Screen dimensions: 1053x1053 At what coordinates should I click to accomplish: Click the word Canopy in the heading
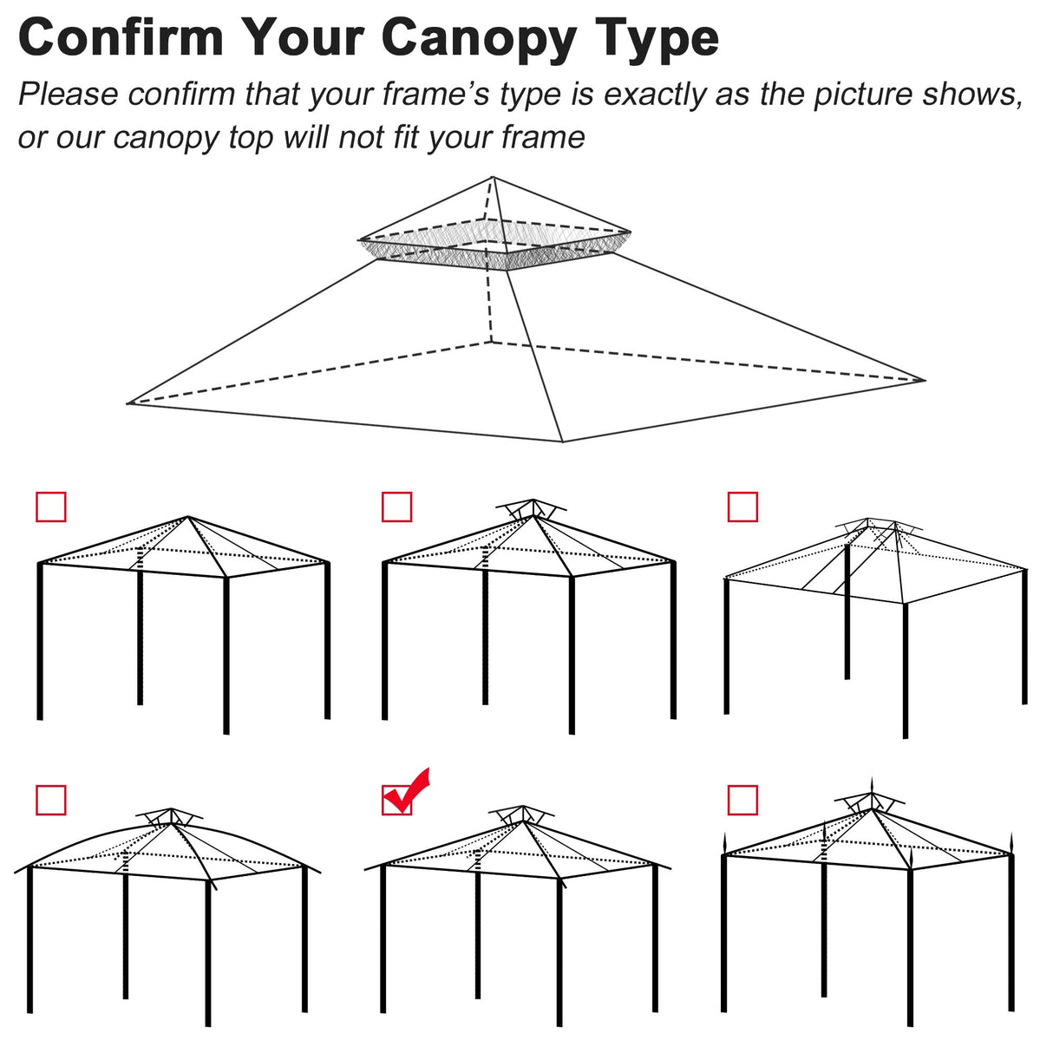(x=478, y=39)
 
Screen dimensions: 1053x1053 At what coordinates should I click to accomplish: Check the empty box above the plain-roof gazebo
(x=51, y=507)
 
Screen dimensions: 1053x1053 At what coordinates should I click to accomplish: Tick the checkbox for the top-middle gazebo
(x=397, y=507)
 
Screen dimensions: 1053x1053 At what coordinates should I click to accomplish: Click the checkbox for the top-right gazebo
(x=742, y=507)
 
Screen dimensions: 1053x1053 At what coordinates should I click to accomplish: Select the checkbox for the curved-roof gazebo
(x=51, y=800)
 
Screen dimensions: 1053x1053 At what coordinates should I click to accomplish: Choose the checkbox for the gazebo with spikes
(x=742, y=800)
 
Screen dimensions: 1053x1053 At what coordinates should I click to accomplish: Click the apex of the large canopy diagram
(x=494, y=178)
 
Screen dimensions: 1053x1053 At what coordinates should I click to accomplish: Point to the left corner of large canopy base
(x=129, y=403)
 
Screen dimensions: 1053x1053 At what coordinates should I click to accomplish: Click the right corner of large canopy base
(x=925, y=380)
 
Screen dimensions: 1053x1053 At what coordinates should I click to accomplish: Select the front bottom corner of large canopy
(x=563, y=441)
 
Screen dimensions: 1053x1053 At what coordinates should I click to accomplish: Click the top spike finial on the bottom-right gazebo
(x=873, y=784)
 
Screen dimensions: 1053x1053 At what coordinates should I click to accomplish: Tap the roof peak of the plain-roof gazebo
(x=188, y=518)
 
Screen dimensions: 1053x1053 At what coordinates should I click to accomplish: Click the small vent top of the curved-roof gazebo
(x=170, y=815)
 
